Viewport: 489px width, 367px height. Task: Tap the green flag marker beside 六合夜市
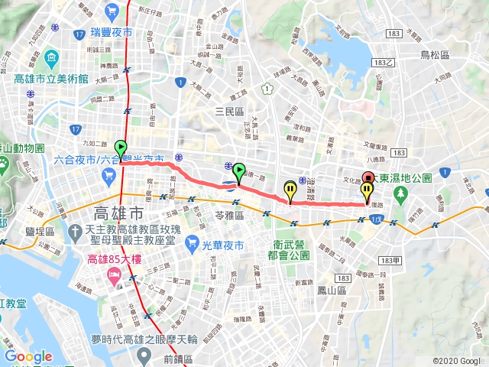point(121,147)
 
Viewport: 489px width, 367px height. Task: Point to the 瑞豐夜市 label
point(111,33)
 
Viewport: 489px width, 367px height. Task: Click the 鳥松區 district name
point(436,54)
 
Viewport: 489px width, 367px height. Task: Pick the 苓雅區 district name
point(228,216)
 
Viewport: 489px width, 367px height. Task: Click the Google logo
point(28,356)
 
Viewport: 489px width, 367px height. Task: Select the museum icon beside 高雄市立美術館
point(50,57)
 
